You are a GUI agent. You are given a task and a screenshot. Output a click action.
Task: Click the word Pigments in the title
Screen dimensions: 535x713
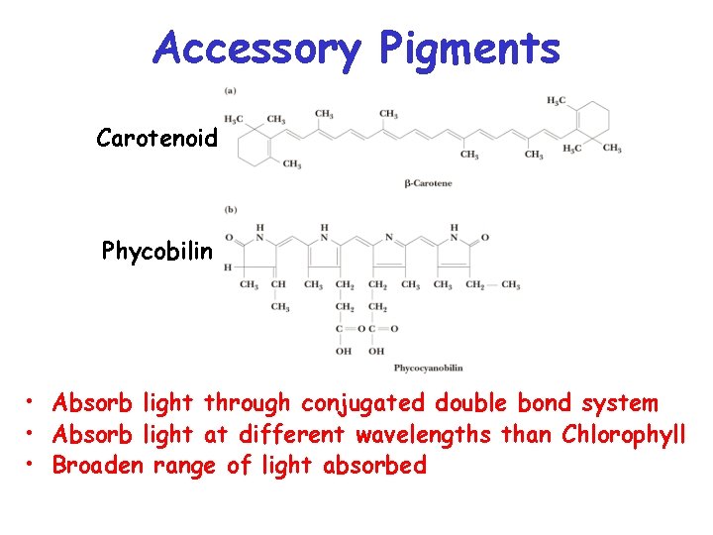click(x=469, y=49)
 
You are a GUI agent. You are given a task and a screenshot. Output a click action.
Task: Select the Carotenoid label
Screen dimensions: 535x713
click(x=156, y=139)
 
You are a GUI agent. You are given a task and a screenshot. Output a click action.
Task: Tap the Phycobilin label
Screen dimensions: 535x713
click(x=157, y=251)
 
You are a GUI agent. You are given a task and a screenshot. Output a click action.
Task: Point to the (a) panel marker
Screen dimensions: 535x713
click(x=231, y=91)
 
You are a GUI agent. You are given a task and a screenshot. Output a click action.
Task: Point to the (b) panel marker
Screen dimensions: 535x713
click(x=231, y=209)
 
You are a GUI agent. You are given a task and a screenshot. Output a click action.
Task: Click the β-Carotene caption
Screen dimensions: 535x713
click(x=428, y=184)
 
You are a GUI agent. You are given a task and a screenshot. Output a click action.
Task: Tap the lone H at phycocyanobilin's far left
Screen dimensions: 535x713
click(x=228, y=267)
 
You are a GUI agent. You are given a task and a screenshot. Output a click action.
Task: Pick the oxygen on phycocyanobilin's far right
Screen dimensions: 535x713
click(x=485, y=238)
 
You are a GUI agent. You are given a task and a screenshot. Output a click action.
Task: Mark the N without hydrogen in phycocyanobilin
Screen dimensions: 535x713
click(x=389, y=238)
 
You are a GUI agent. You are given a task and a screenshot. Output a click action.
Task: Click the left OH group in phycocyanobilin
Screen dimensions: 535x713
click(x=344, y=351)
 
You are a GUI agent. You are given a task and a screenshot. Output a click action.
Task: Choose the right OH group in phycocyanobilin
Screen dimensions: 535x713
click(x=376, y=351)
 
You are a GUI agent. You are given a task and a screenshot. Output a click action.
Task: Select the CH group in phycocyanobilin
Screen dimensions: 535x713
click(x=279, y=285)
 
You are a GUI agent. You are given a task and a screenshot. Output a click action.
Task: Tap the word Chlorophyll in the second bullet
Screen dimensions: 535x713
click(x=623, y=434)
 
